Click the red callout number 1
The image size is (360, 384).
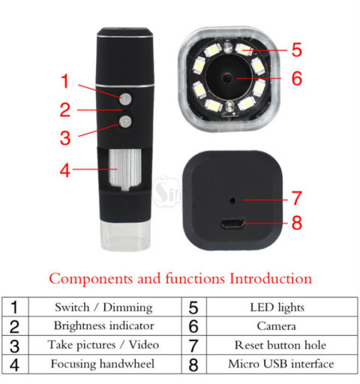65,81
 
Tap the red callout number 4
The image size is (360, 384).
65,170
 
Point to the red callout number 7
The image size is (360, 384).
297,198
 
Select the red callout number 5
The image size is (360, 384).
297,49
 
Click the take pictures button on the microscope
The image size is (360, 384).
125,122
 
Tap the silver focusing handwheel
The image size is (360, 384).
125,169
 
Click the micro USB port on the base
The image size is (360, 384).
232,223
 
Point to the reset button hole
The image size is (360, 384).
232,200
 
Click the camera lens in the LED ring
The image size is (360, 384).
227,78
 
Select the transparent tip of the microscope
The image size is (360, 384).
125,235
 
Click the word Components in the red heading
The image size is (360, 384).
91,279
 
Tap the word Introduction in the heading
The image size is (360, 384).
271,278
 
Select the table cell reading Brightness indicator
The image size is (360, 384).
104,326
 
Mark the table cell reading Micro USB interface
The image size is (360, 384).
282,364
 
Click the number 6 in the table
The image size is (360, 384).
193,326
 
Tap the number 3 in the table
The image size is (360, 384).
14,346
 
